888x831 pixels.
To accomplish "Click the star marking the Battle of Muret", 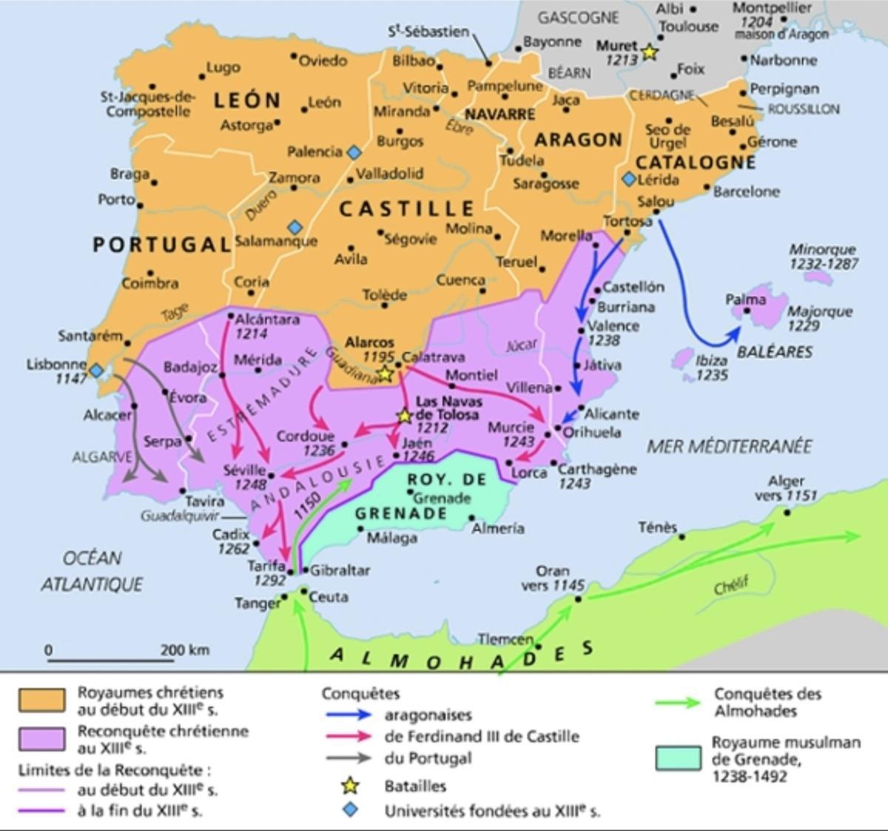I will (649, 53).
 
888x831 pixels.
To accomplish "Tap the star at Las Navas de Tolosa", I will (404, 417).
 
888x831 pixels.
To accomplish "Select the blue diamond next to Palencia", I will (354, 152).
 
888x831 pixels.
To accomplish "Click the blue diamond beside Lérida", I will (629, 179).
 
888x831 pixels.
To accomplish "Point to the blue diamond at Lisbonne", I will (97, 369).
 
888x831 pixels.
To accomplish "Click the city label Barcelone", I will (746, 192).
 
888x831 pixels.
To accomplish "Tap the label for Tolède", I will (385, 295).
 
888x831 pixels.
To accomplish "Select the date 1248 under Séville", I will (250, 485).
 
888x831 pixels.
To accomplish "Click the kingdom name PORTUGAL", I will (162, 245).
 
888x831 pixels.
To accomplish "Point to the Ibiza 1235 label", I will (712, 368).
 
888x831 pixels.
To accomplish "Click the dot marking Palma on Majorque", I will (747, 312).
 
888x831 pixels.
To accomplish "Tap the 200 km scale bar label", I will (185, 650).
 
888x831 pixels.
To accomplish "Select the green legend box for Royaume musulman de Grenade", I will (678, 758).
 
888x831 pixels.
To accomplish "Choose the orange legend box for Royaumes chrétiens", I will (41, 700).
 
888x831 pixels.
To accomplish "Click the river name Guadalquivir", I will (181, 516).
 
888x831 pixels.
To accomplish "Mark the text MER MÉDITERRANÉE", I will (729, 446).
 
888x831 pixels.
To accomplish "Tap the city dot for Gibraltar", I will (304, 571).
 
